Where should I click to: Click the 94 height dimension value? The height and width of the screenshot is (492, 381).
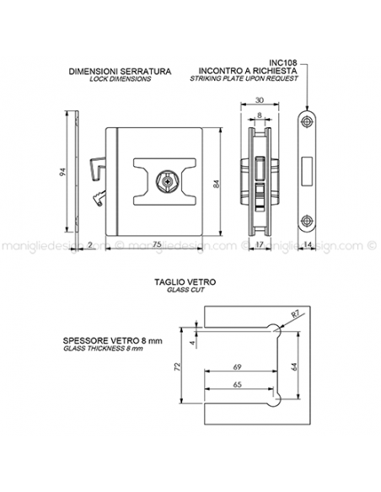[x=63, y=172]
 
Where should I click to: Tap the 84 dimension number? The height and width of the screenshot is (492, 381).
[x=216, y=184]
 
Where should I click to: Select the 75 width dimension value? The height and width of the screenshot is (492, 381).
[x=158, y=244]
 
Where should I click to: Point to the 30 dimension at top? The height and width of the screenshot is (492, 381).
[x=260, y=100]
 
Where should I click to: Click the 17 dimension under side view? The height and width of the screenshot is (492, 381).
[x=260, y=244]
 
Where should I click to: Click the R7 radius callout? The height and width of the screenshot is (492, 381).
[x=295, y=314]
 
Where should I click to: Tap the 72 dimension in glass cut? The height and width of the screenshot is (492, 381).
[x=177, y=366]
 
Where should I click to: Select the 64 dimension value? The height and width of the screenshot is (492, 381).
[x=294, y=366]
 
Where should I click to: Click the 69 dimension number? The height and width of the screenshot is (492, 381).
[x=238, y=366]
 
